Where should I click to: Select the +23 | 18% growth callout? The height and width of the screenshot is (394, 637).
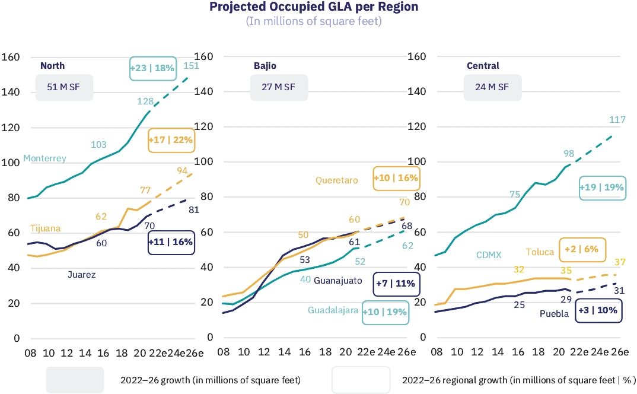click(x=153, y=68)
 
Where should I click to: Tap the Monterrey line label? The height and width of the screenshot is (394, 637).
click(x=44, y=158)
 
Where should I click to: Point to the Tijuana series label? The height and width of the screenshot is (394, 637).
click(x=45, y=228)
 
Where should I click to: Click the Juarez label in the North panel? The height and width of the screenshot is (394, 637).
click(x=81, y=275)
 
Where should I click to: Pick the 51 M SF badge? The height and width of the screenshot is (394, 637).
click(x=64, y=87)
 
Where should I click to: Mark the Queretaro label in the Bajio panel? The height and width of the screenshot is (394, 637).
click(x=336, y=180)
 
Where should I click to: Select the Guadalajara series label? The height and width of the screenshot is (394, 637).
click(x=333, y=310)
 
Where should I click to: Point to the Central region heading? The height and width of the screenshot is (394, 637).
click(x=483, y=66)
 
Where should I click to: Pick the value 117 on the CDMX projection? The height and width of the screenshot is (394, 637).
click(x=617, y=120)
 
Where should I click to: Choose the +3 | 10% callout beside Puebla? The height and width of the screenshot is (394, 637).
click(x=598, y=310)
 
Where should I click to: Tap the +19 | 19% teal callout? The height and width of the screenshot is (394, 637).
click(x=601, y=188)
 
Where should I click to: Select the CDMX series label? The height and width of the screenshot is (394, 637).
click(x=489, y=255)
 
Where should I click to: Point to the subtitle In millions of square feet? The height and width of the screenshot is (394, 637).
click(x=314, y=21)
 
